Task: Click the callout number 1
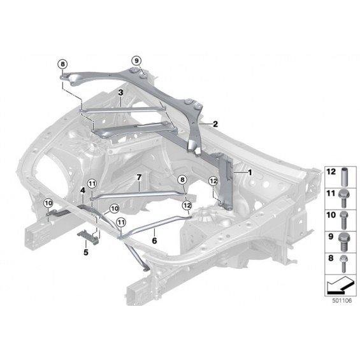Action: click(250, 172)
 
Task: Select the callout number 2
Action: click(215, 124)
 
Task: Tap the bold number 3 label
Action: click(121, 93)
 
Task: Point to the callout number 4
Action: click(83, 190)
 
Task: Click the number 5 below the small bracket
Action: click(86, 252)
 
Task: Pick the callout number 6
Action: click(155, 241)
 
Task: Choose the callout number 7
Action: click(139, 178)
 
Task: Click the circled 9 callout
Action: click(136, 61)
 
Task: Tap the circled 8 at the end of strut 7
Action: click(182, 180)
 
